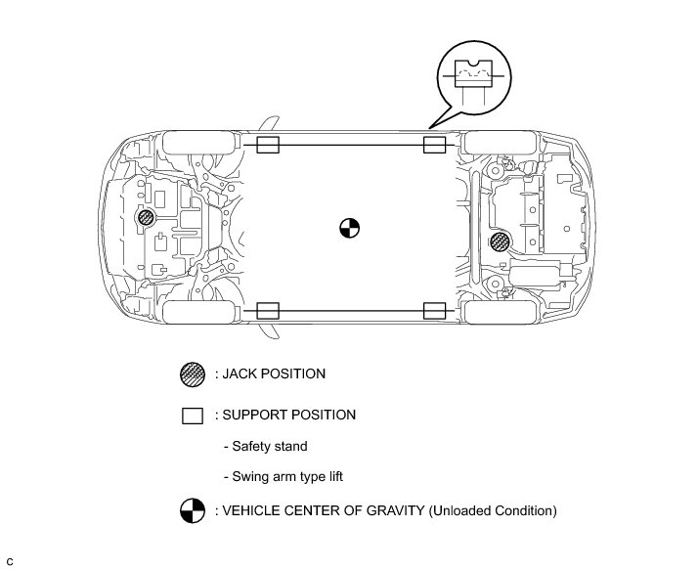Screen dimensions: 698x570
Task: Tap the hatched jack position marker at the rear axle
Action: [x=499, y=241]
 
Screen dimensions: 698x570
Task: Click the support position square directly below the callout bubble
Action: [x=434, y=145]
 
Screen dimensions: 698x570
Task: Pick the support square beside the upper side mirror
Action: [x=268, y=145]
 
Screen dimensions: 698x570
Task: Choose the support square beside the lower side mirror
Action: [x=268, y=311]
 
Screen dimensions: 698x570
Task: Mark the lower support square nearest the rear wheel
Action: [x=434, y=311]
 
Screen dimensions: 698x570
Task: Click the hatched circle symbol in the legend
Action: [x=193, y=374]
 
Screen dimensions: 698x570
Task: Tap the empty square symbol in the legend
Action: [x=193, y=416]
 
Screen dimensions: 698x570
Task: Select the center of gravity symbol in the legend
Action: [x=193, y=510]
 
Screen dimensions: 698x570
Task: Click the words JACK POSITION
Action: [x=274, y=373]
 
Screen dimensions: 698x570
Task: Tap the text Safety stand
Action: [x=269, y=446]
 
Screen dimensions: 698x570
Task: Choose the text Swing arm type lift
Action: [x=287, y=477]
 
